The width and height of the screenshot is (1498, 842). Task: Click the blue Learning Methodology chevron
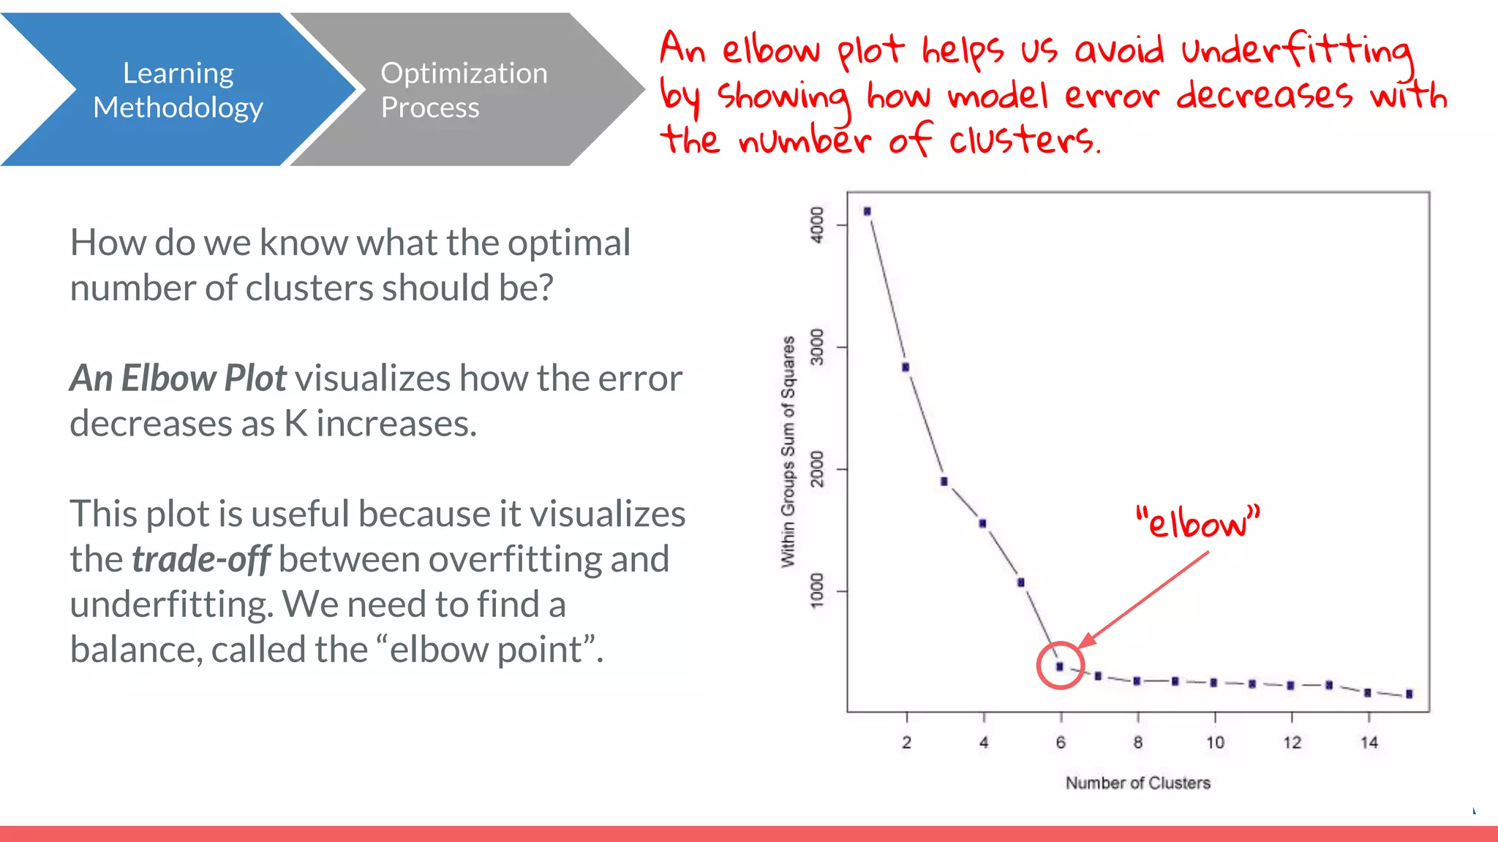tap(178, 90)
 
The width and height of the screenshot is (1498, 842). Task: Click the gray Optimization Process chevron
tap(464, 90)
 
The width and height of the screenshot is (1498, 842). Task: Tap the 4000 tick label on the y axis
tap(817, 224)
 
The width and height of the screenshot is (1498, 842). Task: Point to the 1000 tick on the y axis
tap(817, 591)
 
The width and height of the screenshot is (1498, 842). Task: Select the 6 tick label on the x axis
tap(1061, 743)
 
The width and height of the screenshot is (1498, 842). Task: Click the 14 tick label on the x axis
tap(1369, 743)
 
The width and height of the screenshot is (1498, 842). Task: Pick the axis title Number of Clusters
tap(1137, 783)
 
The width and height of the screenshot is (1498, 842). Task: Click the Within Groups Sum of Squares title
tap(788, 452)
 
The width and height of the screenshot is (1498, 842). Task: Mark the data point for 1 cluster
tap(867, 211)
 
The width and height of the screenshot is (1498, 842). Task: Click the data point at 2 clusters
tap(906, 367)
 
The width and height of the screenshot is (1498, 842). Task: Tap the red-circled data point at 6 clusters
tap(1060, 667)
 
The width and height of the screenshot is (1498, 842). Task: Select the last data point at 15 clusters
tap(1409, 694)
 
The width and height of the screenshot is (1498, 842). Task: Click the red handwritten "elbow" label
tap(1197, 522)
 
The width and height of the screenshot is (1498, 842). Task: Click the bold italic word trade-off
tap(201, 559)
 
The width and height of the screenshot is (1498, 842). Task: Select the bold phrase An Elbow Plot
tap(178, 379)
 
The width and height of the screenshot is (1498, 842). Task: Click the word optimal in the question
tap(569, 243)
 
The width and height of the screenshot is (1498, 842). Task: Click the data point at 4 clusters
tap(982, 523)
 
